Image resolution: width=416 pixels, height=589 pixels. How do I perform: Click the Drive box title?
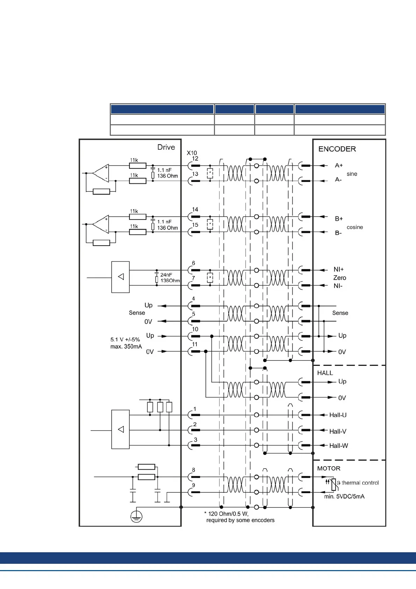(166, 147)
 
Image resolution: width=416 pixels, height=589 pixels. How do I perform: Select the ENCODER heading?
(337, 149)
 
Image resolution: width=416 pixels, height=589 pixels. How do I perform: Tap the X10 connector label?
(192, 153)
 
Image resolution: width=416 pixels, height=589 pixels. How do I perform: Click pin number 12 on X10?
(195, 159)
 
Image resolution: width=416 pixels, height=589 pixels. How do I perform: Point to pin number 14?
(195, 209)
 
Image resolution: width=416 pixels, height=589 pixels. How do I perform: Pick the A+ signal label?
(339, 166)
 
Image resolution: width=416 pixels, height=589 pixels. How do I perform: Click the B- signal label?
(338, 233)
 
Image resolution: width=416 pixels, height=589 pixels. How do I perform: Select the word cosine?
(355, 227)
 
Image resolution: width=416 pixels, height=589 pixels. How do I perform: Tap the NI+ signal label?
(338, 269)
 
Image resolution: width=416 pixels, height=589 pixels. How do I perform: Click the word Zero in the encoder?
(339, 278)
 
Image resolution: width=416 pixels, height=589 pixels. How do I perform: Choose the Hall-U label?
(338, 415)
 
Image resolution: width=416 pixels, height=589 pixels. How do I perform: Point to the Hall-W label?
(338, 446)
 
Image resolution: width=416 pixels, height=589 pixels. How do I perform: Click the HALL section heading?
(325, 373)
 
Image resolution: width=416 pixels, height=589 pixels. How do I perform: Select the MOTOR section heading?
(329, 468)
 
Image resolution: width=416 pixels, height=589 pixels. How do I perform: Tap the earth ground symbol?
(136, 517)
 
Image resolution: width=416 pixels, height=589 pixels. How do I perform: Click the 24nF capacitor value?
(166, 275)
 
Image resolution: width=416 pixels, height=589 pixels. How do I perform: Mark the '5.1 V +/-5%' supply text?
(125, 339)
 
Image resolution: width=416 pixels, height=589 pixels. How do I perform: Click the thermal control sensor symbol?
(333, 484)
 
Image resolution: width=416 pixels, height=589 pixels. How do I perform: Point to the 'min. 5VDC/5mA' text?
(344, 497)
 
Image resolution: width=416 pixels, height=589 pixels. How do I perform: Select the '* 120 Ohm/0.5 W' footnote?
(226, 514)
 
